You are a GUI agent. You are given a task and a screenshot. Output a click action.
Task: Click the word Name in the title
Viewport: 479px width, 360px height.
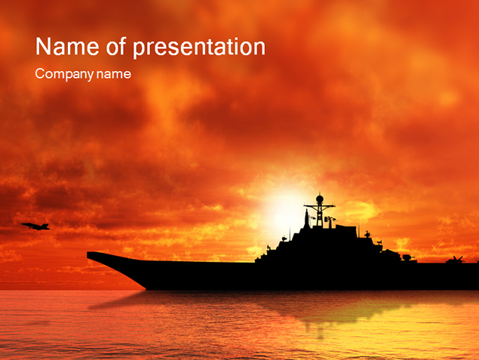(x=67, y=47)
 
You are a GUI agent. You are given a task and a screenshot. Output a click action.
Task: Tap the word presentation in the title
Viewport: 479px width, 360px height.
(x=199, y=48)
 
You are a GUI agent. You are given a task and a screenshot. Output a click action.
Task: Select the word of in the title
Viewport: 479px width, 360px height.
(x=116, y=46)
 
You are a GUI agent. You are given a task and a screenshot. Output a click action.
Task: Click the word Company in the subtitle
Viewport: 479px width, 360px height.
(x=64, y=74)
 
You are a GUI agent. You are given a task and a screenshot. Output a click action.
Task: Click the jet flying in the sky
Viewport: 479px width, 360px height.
(x=35, y=226)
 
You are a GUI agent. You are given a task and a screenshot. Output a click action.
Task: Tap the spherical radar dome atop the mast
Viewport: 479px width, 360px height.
(x=320, y=199)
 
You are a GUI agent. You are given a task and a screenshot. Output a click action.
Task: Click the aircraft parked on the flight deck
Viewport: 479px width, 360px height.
(x=456, y=260)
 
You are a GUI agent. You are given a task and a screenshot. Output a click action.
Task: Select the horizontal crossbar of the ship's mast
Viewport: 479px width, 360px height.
(x=319, y=207)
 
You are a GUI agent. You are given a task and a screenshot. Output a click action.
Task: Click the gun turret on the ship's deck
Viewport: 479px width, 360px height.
(x=407, y=257)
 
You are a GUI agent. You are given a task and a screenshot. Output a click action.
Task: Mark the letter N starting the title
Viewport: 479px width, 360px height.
(x=43, y=47)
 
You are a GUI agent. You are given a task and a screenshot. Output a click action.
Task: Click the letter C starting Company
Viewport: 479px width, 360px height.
(x=40, y=73)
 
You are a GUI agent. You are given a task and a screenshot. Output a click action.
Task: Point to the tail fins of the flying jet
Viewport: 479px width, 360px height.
(x=46, y=226)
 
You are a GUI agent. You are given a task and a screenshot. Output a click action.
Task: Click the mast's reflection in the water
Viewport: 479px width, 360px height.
(x=320, y=330)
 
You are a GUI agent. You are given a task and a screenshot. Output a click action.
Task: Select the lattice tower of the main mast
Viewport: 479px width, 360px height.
(x=320, y=215)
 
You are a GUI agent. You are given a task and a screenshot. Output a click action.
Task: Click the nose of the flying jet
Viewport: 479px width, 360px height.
(x=22, y=225)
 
